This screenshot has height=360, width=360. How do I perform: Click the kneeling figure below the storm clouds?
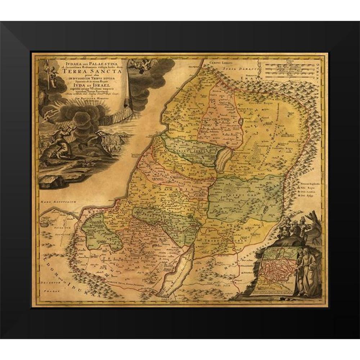tap(60, 143)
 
